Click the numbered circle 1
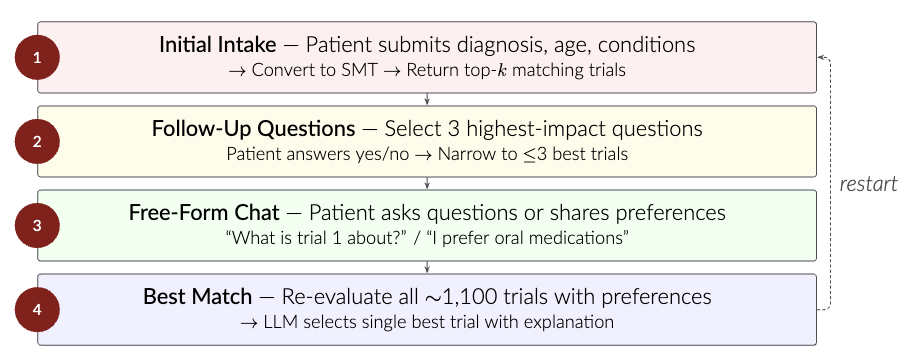tap(37, 57)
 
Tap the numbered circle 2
tap(37, 141)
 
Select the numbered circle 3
tap(37, 225)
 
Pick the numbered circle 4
tap(37, 309)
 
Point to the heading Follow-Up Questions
tap(253, 129)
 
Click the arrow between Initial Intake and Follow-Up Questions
tap(428, 99)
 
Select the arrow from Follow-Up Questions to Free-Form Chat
tap(428, 183)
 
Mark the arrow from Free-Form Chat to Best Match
tap(428, 267)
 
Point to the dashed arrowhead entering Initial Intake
tap(823, 57)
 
